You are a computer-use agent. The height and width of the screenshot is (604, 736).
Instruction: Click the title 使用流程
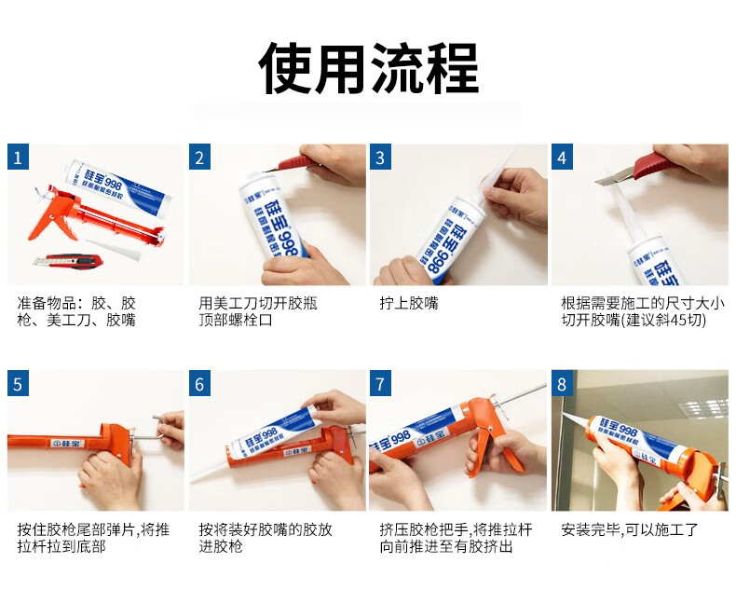coord(369,69)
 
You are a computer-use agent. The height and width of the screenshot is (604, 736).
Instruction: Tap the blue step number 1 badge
coord(18,157)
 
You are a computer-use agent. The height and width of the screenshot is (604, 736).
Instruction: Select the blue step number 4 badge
coord(562,157)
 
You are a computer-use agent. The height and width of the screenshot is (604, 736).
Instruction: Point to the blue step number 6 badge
coord(199,383)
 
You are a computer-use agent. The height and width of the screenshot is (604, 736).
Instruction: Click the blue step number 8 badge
coord(562,383)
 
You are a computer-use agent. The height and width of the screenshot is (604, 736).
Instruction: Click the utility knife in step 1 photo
coord(68,261)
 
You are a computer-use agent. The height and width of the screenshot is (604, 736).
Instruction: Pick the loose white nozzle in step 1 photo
coord(114,250)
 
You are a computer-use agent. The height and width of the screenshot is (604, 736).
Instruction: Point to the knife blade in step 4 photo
coord(614,177)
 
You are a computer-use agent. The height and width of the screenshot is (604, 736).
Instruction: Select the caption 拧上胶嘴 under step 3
coord(409,304)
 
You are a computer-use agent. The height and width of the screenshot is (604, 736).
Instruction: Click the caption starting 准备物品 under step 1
coord(76,311)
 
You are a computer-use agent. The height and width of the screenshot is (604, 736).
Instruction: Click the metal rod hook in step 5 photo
coord(158,427)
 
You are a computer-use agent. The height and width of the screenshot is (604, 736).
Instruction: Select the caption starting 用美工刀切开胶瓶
coord(258,311)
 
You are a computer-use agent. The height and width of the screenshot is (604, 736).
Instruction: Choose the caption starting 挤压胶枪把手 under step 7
coord(456,538)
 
